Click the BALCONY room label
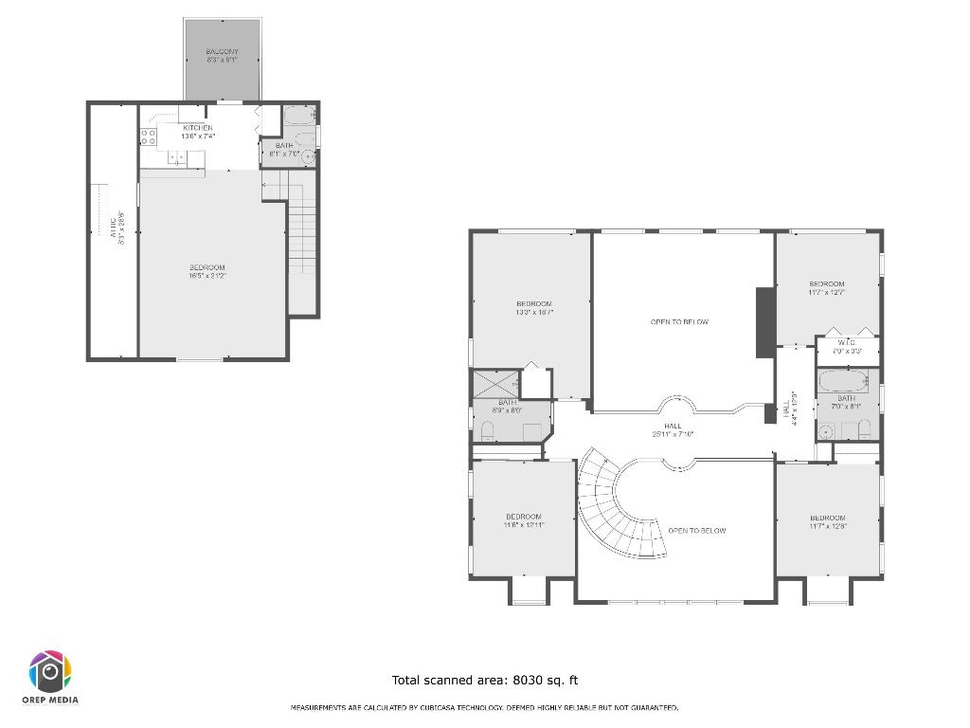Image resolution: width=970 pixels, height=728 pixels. (x=222, y=55)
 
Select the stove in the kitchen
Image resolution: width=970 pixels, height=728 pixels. (x=148, y=136)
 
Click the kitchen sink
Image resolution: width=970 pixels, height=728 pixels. (x=176, y=157)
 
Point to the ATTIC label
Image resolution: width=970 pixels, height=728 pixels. (x=117, y=228)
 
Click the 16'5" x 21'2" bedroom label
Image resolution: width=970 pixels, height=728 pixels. (x=207, y=271)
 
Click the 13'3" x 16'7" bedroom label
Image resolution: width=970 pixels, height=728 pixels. (x=534, y=307)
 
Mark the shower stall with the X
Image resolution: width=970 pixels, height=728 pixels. (x=493, y=384)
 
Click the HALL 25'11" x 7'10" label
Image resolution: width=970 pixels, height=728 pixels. (x=673, y=430)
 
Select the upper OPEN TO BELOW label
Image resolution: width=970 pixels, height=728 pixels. (x=679, y=322)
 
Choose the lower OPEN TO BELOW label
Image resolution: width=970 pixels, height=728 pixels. (x=696, y=531)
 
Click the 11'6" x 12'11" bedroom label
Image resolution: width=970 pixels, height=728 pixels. (x=522, y=520)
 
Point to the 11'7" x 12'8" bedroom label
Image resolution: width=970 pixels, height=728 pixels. (x=827, y=521)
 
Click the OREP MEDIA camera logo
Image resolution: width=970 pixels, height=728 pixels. (x=51, y=672)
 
